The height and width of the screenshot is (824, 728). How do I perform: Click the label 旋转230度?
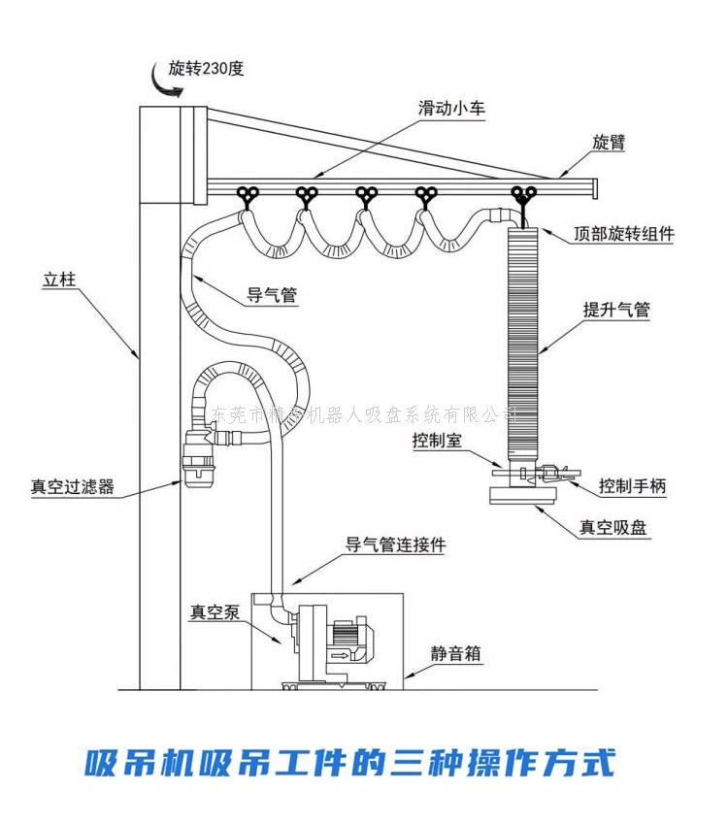click(206, 68)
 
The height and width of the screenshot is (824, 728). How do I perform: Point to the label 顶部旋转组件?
click(623, 234)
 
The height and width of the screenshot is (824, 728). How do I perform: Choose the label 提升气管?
click(616, 311)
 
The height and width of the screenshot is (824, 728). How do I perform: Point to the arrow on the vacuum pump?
click(342, 656)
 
